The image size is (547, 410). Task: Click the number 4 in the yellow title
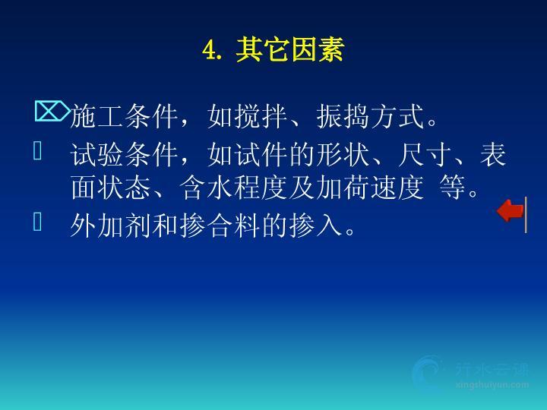210,50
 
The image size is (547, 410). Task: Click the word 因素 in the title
318,50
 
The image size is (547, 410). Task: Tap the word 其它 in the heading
263,50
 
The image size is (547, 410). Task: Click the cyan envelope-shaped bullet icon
52,111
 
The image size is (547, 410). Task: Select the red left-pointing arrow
510,210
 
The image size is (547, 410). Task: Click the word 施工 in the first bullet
97,117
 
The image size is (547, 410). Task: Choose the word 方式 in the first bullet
397,117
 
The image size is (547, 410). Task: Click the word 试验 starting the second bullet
97,154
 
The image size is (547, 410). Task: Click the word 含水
207,188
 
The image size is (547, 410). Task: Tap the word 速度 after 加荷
397,188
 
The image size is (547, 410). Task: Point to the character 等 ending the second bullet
453,188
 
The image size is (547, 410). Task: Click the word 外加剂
111,225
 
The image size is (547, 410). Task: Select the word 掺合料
220,225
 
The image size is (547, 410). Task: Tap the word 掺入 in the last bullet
316,225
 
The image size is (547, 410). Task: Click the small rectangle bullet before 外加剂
38,222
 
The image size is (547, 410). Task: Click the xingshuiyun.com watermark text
492,385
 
